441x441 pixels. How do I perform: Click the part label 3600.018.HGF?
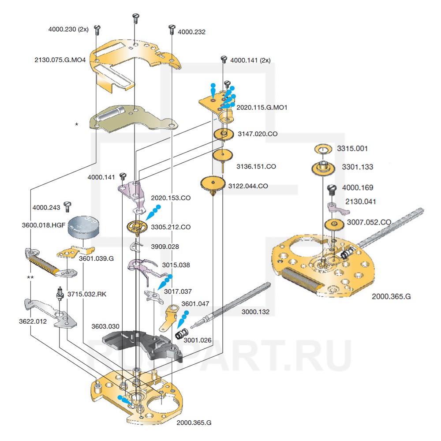coord(43,225)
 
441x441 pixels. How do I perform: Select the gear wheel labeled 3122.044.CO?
coord(213,183)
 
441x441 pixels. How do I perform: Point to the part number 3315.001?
coord(352,149)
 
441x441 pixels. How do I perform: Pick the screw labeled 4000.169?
coord(332,189)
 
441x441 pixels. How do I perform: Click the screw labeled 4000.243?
coord(68,206)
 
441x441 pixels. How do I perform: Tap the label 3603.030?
coord(105,327)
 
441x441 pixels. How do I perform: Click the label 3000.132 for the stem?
coord(255,312)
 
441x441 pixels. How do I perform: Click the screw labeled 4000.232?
coord(171,30)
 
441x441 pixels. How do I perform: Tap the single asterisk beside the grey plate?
coord(77,125)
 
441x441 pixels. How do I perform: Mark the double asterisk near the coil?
coord(30,277)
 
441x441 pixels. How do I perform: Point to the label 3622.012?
coord(33,321)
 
